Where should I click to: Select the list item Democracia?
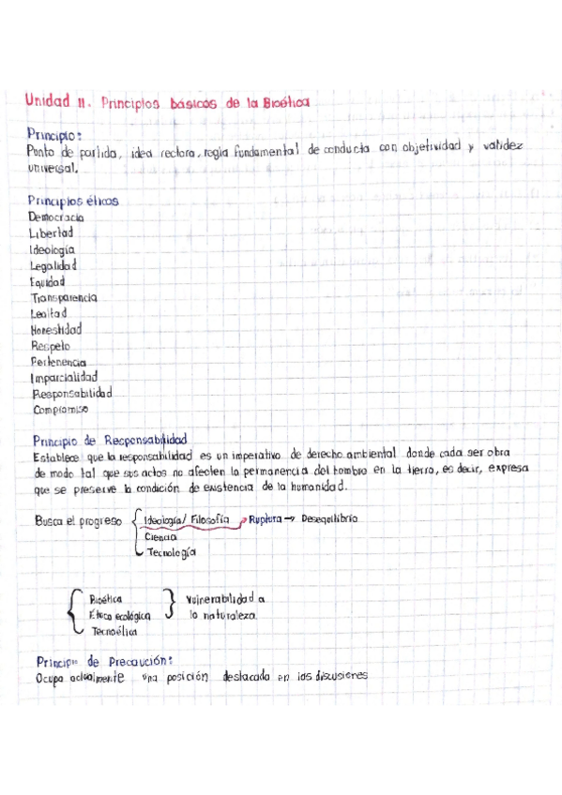[x=56, y=217]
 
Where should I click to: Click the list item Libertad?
[x=52, y=232]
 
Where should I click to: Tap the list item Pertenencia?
[x=58, y=361]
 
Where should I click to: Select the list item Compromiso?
[x=60, y=410]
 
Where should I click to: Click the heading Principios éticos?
[x=72, y=201]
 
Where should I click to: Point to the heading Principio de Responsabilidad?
[x=110, y=439]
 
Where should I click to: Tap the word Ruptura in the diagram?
[x=266, y=518]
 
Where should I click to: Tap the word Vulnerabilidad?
[x=226, y=597]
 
